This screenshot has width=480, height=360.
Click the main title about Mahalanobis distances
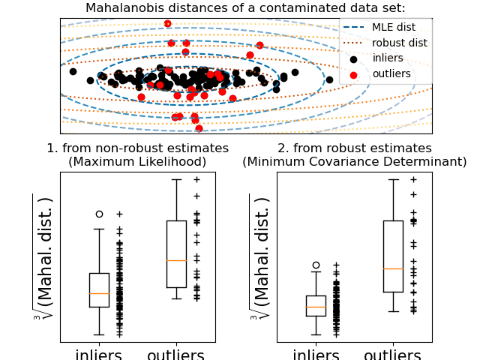245,8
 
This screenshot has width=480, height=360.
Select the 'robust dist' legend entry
399,43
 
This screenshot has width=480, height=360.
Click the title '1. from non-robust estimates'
137,148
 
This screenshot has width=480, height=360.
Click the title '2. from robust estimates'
354,148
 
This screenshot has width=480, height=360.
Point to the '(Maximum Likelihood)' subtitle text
137,162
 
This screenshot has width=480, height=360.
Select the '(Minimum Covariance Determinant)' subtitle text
354,162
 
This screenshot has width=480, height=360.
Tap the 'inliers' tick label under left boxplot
99,354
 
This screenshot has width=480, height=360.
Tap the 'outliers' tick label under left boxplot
175,354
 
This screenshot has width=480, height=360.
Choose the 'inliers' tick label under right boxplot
316,354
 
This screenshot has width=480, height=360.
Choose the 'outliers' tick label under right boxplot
392,354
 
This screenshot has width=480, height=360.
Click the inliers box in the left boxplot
99,289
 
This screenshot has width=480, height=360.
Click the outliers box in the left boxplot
176,253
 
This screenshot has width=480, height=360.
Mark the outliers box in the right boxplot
393,256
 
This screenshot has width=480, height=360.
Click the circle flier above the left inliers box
99,214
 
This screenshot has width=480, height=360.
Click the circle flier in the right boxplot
316,265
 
